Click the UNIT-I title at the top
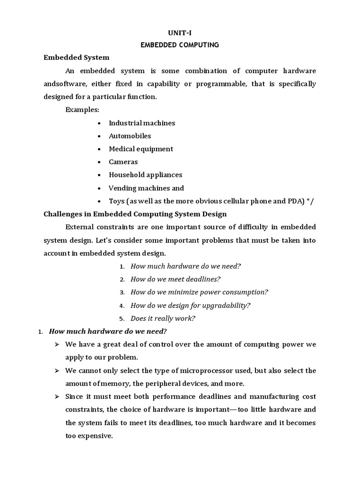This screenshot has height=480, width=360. [180, 33]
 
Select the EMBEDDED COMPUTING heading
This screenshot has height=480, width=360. [180, 45]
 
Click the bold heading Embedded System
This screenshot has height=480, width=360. [76, 58]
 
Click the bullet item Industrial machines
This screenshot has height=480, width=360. [142, 123]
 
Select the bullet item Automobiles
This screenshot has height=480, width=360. [130, 136]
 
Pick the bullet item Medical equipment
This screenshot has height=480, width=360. [141, 149]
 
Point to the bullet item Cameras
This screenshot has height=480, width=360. [123, 162]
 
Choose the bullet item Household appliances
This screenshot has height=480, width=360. [145, 175]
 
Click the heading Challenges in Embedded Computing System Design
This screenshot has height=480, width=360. [135, 214]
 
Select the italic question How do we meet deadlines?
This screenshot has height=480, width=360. [175, 279]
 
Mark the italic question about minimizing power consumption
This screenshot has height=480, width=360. [199, 292]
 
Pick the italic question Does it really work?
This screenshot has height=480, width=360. [163, 318]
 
